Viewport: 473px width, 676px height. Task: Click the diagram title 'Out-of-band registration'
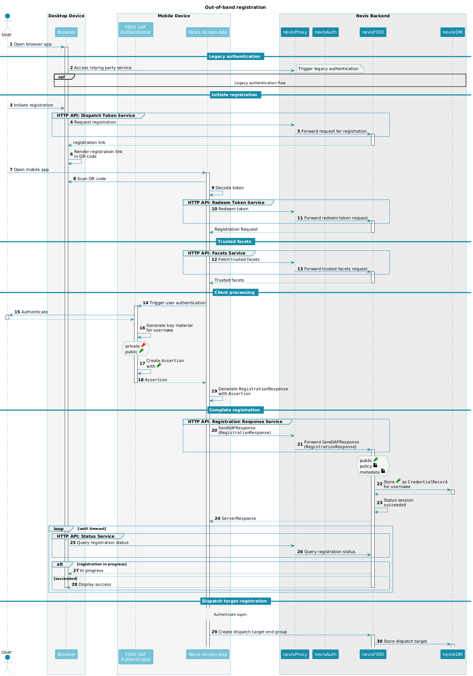pos(235,7)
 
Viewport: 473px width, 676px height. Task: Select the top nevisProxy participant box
pos(295,32)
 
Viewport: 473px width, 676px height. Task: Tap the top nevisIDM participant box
pos(452,32)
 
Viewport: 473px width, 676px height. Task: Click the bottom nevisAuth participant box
pos(325,654)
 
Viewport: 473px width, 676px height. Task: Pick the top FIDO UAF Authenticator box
pos(136,30)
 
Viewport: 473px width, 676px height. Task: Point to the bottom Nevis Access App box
pos(207,654)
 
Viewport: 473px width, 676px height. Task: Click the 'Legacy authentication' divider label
pos(235,57)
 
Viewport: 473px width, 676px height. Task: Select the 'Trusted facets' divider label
pos(235,242)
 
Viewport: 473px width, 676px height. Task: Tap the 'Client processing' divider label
pos(235,293)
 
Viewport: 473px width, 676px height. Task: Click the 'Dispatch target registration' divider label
pos(235,601)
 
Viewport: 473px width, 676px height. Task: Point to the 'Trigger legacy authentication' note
pos(330,69)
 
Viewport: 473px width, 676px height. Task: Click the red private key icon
pos(143,345)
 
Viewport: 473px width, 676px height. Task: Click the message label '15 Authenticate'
pos(31,312)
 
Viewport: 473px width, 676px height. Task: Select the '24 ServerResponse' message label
pos(235,519)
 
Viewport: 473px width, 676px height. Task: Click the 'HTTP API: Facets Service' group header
pos(219,253)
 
